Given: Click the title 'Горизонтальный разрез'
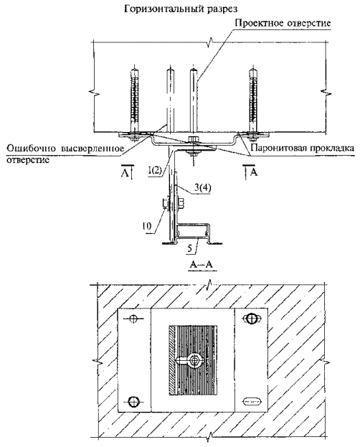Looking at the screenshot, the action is click(181, 9).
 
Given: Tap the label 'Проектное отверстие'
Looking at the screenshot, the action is click(283, 23).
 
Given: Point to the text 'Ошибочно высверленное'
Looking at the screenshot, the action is click(65, 149).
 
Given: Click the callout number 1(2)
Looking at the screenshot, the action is click(155, 171).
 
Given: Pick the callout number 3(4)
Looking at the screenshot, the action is click(203, 187).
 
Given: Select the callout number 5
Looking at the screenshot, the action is click(190, 249).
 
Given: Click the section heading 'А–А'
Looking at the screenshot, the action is click(202, 265).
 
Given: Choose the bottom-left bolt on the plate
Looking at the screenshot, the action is click(133, 402).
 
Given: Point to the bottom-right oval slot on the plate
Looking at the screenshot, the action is click(252, 402).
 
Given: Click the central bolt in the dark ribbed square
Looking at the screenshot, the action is click(195, 360).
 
